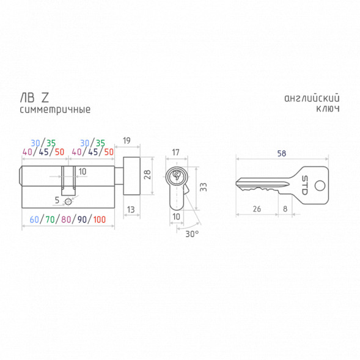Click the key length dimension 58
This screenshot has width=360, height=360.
pos(282,153)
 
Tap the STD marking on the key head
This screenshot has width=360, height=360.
pos(304,185)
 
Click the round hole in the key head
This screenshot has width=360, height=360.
pos(320,186)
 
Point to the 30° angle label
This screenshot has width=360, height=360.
pos(192,234)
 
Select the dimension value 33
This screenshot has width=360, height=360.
pos(204,187)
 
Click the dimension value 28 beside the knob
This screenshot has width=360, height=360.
pos(147,174)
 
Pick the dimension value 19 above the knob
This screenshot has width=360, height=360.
pos(127,141)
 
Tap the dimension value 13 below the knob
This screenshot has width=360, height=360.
pos(131,210)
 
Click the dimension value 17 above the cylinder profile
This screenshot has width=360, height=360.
pos(175,152)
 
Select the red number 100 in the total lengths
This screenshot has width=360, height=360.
pos(100,219)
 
